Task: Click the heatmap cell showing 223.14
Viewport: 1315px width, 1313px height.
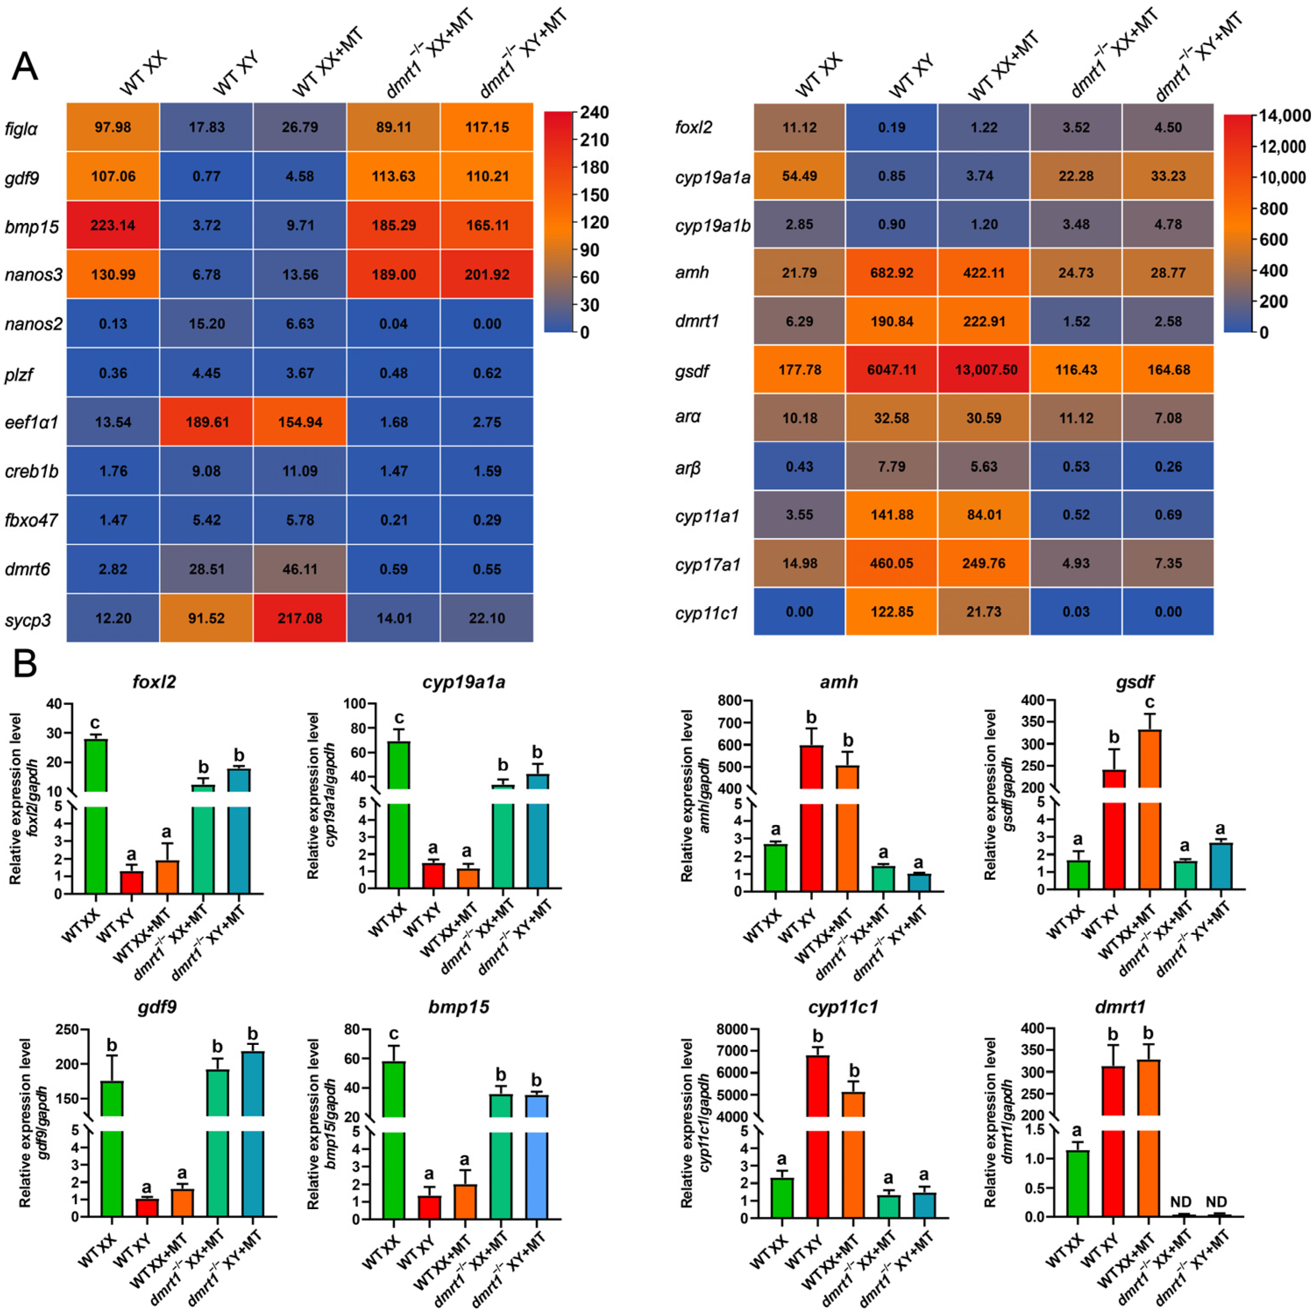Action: coord(113,225)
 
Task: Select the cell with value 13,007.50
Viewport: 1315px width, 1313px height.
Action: coord(984,369)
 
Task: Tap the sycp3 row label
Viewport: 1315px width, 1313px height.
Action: coord(28,620)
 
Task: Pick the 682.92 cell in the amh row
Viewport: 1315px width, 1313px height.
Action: coord(892,273)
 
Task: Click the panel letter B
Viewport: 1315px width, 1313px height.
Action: coord(25,665)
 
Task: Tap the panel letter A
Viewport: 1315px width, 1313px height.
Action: coord(25,66)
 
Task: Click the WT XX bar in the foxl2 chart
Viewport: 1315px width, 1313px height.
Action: coord(96,816)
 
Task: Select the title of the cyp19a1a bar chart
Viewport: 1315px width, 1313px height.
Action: coord(463,683)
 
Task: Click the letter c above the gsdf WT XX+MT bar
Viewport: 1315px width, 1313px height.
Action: coord(1150,703)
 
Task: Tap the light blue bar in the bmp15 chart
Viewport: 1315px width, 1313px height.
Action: coord(537,1157)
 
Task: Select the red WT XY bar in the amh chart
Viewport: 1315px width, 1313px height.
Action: coord(811,816)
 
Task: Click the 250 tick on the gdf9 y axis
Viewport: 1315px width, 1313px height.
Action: coord(67,1029)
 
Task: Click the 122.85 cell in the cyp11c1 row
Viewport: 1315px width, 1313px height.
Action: coord(892,612)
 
